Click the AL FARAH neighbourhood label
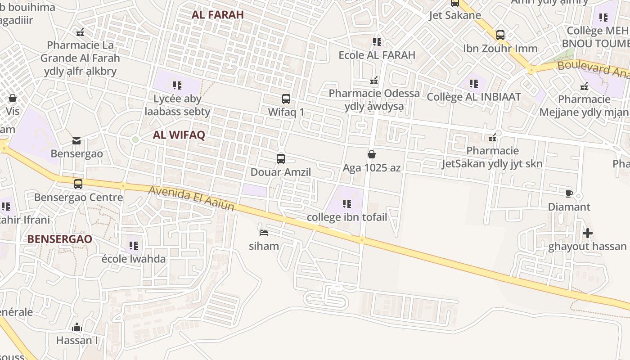coord(217,14)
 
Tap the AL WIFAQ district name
coord(179,135)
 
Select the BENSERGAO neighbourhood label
coord(59,239)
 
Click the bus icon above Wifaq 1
coord(286,99)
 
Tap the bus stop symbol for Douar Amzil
coord(281,158)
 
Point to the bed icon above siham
coord(264,233)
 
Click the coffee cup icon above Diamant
coord(569,193)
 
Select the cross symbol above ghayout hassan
coord(587,233)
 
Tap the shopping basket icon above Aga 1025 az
coord(372,154)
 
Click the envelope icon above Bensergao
coord(76,141)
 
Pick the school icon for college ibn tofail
coord(346,204)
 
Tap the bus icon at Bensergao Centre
coord(78,184)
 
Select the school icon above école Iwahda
coord(134,246)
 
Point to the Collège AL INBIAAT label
coord(473,97)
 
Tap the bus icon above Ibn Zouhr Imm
coord(500,35)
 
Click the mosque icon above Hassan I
coord(77,327)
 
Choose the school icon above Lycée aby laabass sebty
coord(177,85)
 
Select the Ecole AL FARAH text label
coord(377,55)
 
